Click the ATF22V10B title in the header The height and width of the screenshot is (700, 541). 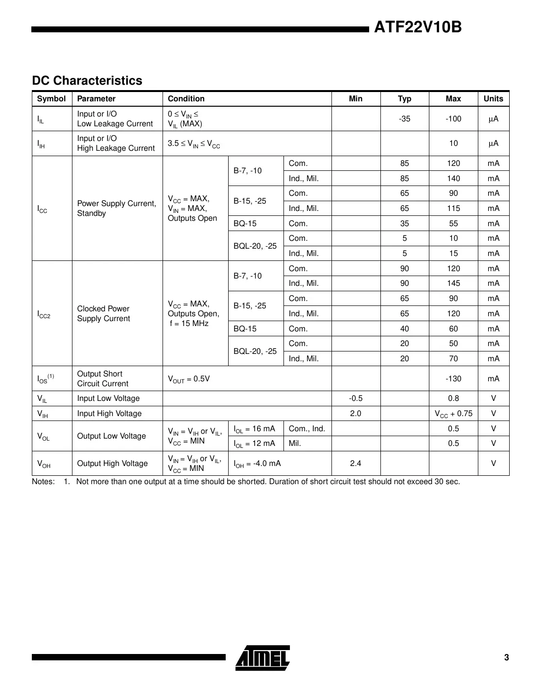click(x=418, y=27)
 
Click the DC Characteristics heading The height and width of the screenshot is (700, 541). click(x=87, y=81)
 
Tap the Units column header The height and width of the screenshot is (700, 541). click(x=493, y=99)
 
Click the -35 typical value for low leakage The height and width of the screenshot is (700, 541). click(x=404, y=119)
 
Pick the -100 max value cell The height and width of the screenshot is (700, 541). click(x=453, y=119)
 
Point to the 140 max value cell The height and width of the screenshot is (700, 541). click(x=453, y=179)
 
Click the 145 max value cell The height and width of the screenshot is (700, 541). click(x=453, y=283)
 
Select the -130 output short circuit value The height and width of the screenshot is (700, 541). click(x=453, y=379)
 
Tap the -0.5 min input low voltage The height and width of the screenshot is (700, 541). click(x=356, y=398)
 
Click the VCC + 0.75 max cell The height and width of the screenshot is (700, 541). click(x=453, y=414)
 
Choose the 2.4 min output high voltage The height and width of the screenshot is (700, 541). click(x=356, y=464)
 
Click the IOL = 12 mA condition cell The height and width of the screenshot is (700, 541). click(x=254, y=443)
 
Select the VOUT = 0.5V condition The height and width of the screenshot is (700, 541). click(x=188, y=379)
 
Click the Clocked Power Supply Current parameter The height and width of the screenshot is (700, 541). click(x=103, y=314)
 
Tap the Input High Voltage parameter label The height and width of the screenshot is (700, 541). click(x=109, y=414)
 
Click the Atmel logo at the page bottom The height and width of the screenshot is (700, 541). click(x=263, y=657)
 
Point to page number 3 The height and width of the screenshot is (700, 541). click(x=506, y=657)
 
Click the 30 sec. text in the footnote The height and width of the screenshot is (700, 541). click(x=447, y=482)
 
